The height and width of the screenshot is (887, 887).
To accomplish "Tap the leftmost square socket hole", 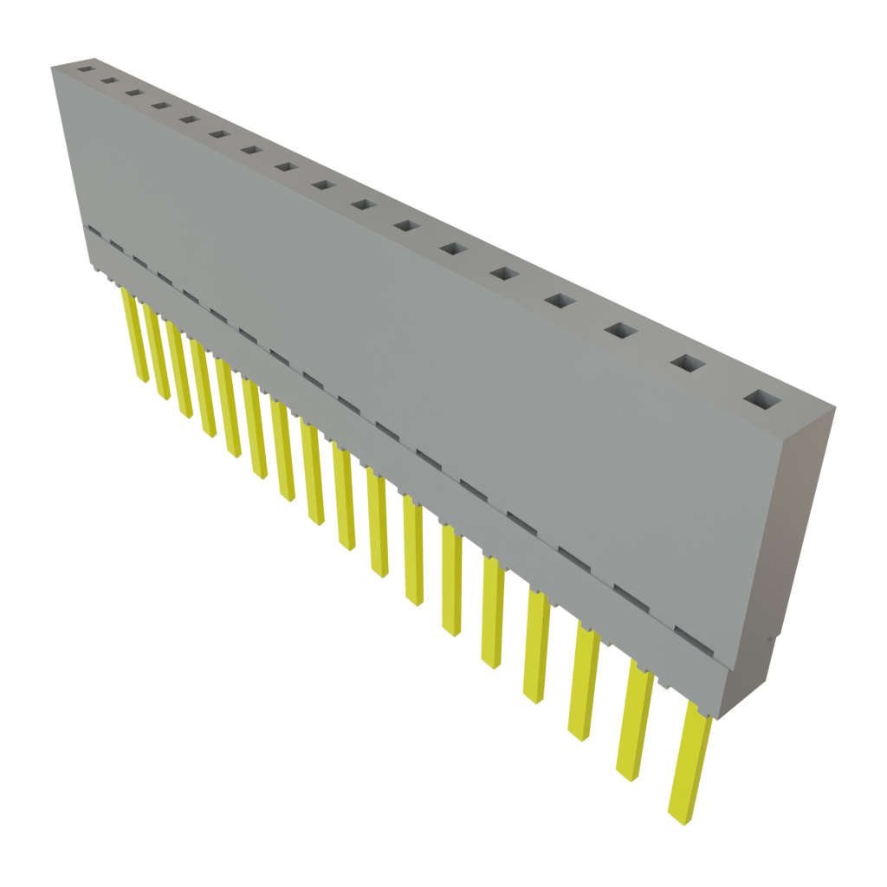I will pyautogui.click(x=85, y=66).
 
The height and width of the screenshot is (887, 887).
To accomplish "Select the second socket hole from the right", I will pyautogui.click(x=688, y=364).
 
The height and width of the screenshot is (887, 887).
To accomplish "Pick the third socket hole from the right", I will pyautogui.click(x=620, y=330).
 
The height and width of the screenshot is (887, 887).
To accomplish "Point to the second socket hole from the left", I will pyautogui.click(x=109, y=80).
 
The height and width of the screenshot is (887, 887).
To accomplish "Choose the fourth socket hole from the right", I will pyautogui.click(x=560, y=301).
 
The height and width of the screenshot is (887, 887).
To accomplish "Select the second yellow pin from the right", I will pyautogui.click(x=636, y=722).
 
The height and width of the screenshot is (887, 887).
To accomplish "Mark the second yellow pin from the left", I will pyautogui.click(x=155, y=354).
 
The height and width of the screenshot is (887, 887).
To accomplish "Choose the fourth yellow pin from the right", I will pyautogui.click(x=537, y=645).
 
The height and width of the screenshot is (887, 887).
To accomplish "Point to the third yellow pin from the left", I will pyautogui.click(x=178, y=372).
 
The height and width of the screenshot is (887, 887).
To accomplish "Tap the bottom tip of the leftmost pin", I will pyautogui.click(x=140, y=379).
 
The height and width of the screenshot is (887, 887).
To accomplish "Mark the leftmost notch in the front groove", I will pyautogui.click(x=94, y=233).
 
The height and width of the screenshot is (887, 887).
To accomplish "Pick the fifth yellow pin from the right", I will pyautogui.click(x=493, y=612).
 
